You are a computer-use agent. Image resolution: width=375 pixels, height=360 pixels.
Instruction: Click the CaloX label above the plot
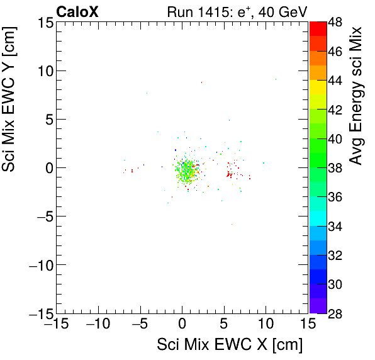(x=77, y=11)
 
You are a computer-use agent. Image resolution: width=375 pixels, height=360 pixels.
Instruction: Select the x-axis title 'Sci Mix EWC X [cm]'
(x=230, y=345)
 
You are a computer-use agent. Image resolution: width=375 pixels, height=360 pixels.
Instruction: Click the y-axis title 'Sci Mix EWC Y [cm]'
(x=10, y=111)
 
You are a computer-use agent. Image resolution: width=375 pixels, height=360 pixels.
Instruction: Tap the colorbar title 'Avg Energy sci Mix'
(x=357, y=96)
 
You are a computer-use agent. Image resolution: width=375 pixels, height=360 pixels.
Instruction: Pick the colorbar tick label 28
(x=335, y=313)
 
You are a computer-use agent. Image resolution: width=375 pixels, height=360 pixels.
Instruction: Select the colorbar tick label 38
(x=335, y=168)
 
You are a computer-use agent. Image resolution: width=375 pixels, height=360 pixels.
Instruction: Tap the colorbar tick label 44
(x=335, y=81)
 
